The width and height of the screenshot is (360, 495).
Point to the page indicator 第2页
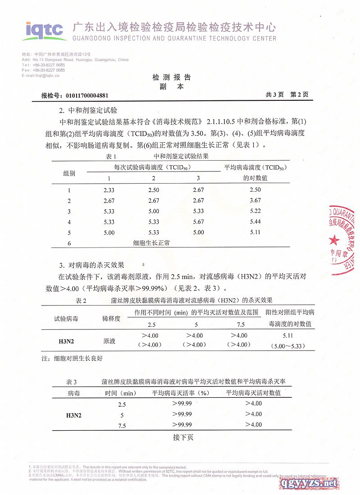pyautogui.click(x=299, y=95)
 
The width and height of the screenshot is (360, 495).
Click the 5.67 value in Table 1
pyautogui.click(x=198, y=222)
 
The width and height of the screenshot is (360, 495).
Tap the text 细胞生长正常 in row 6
pyautogui.click(x=151, y=243)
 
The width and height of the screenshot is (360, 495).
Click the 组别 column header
pyautogui.click(x=69, y=173)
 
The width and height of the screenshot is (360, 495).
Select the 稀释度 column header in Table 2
pyautogui.click(x=112, y=319)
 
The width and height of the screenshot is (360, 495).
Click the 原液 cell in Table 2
pyautogui.click(x=109, y=341)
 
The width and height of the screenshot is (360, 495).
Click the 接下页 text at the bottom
pyautogui.click(x=183, y=437)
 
